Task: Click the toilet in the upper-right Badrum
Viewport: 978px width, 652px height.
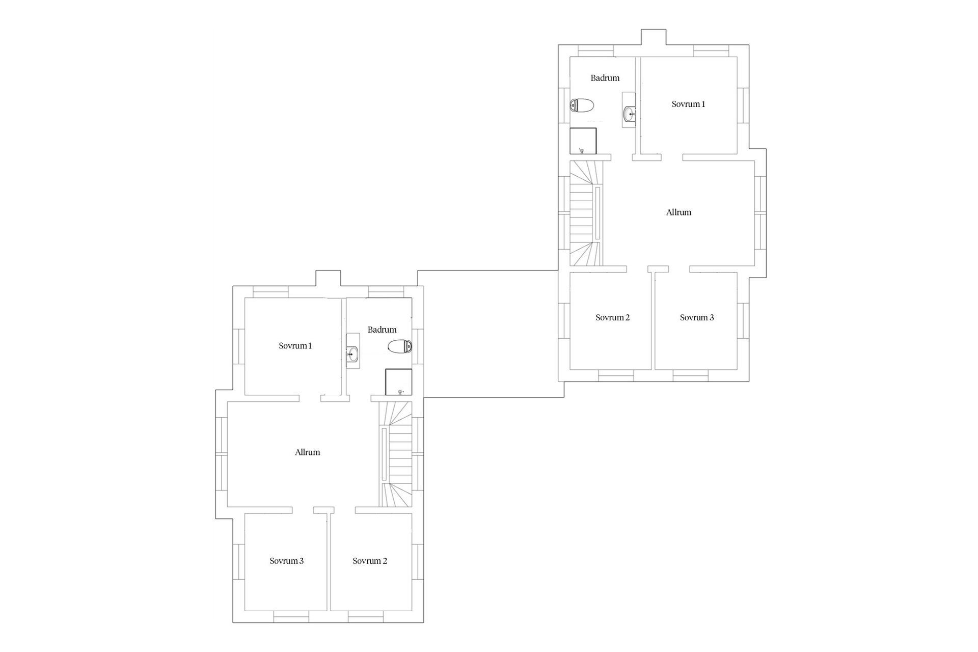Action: [x=582, y=105]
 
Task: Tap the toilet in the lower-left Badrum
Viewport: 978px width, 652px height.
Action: [x=400, y=347]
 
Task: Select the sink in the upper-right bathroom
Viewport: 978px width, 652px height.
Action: [x=629, y=112]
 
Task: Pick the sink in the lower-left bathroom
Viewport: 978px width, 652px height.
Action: [x=352, y=354]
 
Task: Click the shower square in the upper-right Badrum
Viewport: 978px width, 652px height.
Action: [x=583, y=141]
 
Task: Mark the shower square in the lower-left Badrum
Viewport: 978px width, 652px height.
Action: [x=398, y=382]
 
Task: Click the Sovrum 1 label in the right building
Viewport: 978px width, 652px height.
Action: [x=688, y=104]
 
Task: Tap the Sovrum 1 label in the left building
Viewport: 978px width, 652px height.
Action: [x=295, y=346]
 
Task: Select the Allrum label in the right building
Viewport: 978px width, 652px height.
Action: [x=678, y=212]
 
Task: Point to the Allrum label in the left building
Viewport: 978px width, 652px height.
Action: [x=307, y=452]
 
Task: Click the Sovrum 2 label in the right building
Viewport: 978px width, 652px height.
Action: [x=612, y=317]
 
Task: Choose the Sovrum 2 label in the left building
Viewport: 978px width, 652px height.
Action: [x=370, y=561]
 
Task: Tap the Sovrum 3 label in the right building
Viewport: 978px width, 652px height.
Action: [x=697, y=317]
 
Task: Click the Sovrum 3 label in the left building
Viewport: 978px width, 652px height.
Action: [x=287, y=561]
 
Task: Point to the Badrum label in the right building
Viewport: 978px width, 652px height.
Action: [x=605, y=78]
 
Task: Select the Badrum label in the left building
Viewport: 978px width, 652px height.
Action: [x=382, y=330]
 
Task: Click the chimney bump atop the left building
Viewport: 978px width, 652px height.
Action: [x=328, y=279]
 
